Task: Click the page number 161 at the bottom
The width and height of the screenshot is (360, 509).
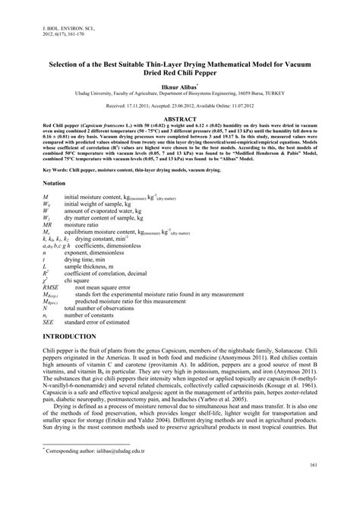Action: (312, 486)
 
